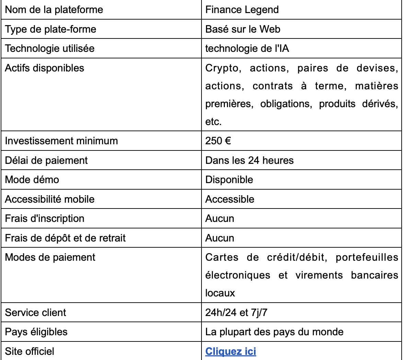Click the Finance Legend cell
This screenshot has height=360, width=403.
[x=242, y=10]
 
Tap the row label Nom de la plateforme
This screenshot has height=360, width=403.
[x=54, y=10]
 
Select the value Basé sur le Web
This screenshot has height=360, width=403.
[x=243, y=29]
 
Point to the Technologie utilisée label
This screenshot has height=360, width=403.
[x=49, y=48]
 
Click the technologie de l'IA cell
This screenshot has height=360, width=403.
[x=247, y=48]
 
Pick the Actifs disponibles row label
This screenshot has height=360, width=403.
[x=45, y=68]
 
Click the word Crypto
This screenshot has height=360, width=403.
[x=221, y=68]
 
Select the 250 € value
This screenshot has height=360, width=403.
[x=218, y=141]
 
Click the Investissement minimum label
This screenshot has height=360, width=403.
[x=61, y=141]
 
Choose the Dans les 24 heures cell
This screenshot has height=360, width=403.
[x=249, y=160]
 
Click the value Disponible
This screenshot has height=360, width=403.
[x=229, y=179]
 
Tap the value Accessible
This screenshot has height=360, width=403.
[x=230, y=199]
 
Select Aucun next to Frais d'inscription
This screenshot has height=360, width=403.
[x=220, y=218]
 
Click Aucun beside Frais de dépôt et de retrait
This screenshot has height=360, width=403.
[x=220, y=238]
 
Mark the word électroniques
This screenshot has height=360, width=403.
[x=238, y=275]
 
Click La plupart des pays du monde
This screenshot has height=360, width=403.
[x=274, y=332]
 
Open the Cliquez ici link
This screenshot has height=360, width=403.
[x=231, y=351]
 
